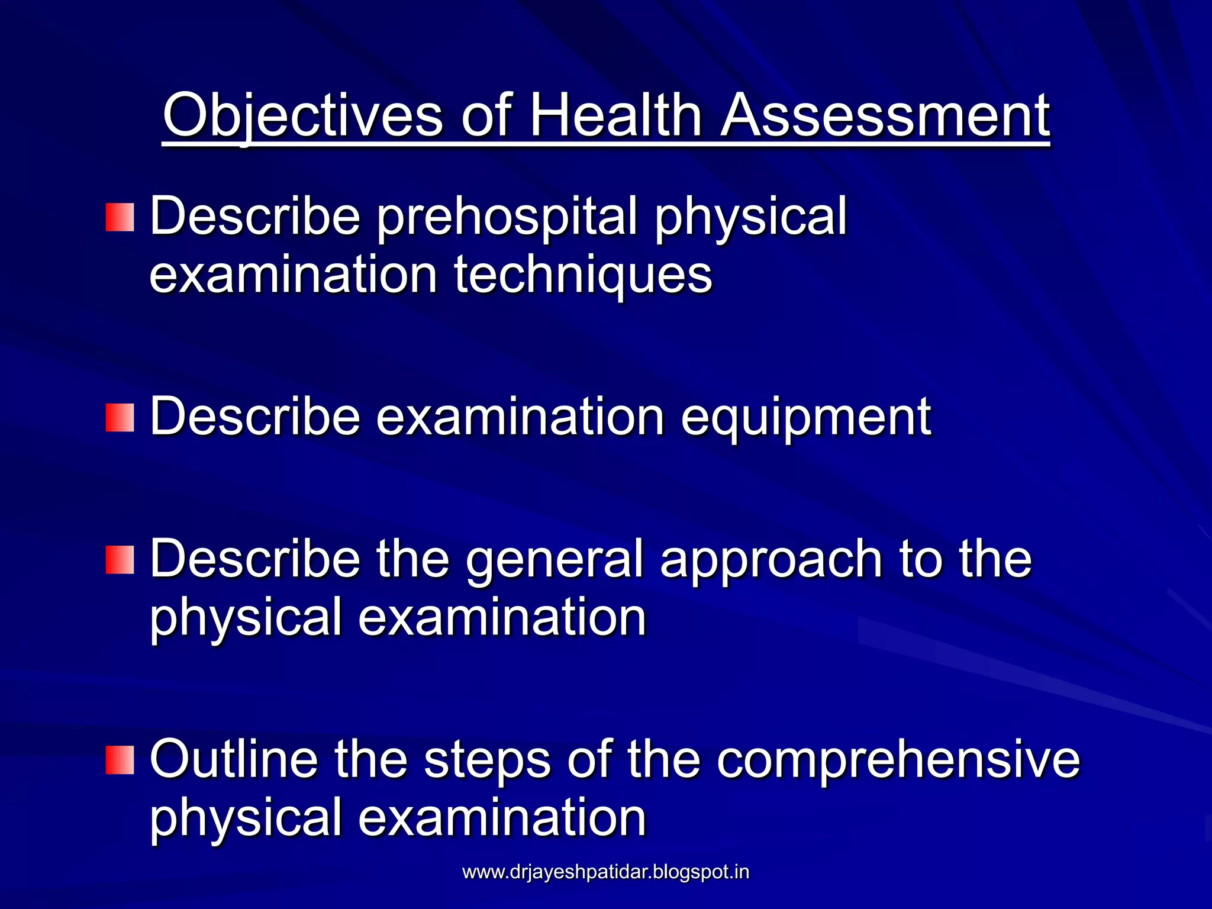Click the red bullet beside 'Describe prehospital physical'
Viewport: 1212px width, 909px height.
click(120, 217)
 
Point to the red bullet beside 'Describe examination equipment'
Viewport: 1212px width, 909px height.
click(120, 418)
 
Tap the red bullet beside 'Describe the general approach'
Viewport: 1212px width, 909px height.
click(120, 560)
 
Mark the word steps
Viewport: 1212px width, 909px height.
click(488, 760)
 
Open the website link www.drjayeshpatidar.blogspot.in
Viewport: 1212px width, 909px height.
click(605, 872)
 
